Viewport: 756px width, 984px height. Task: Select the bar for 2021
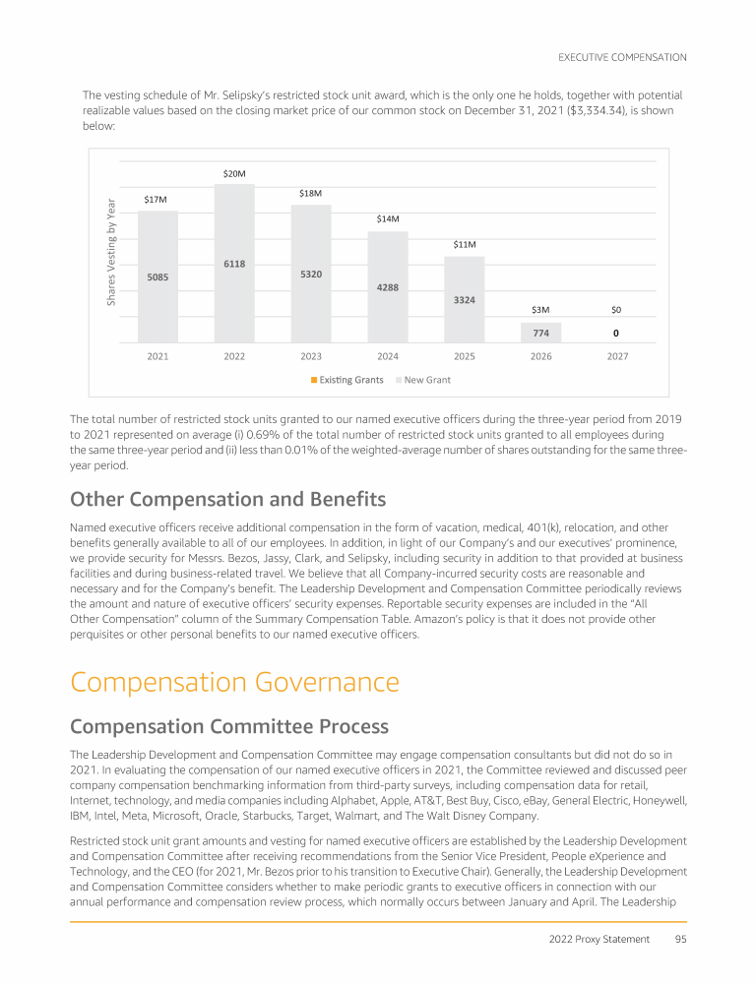(157, 277)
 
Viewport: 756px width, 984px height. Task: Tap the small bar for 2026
(540, 332)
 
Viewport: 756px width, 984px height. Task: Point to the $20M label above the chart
(234, 174)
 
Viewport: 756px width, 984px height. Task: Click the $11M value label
(465, 244)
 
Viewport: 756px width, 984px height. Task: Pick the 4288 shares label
(388, 287)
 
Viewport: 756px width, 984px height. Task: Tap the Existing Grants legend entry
(346, 379)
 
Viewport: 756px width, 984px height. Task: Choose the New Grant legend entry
(423, 379)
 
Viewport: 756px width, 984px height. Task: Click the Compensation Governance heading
(235, 682)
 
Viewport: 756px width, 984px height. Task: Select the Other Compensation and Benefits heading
(227, 498)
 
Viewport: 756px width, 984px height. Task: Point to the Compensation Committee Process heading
(229, 726)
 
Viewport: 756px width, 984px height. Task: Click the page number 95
(680, 939)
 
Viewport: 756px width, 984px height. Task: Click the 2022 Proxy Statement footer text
(599, 939)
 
